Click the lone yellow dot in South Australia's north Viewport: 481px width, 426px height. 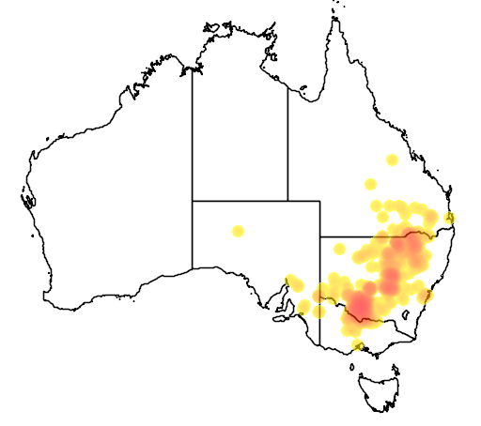(x=238, y=231)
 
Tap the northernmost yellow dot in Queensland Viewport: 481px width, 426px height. (x=392, y=160)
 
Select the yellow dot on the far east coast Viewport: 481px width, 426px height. (x=450, y=219)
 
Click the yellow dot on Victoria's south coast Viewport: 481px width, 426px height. (x=357, y=345)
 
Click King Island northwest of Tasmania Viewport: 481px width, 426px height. (x=344, y=365)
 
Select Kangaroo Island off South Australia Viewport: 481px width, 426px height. (x=280, y=316)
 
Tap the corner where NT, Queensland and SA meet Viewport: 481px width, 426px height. (x=287, y=201)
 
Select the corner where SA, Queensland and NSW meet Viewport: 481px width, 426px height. (x=320, y=236)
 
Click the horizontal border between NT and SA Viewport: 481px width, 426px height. (x=240, y=201)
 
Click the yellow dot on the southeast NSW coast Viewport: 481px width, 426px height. (x=427, y=296)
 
